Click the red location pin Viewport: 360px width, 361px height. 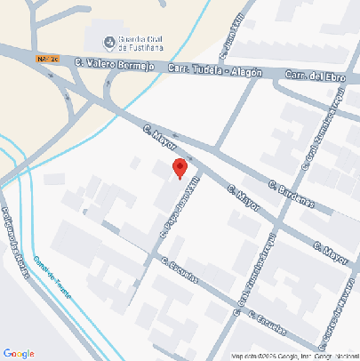point(180,167)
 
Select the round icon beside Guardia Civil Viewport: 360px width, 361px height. point(109,40)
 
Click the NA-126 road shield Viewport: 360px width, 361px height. point(48,59)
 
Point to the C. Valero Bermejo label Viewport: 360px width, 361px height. point(111,64)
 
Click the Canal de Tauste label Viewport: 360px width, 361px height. point(52,277)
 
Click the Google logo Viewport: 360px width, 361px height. point(19,353)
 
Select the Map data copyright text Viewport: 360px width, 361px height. point(293,356)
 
